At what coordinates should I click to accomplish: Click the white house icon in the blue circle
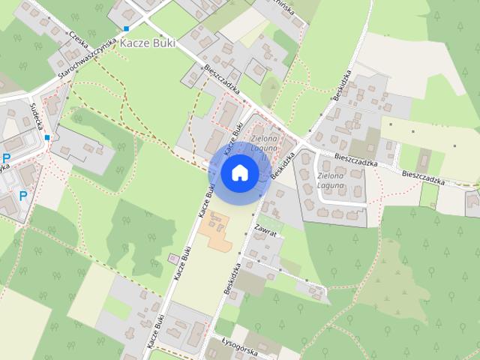pyautogui.click(x=240, y=173)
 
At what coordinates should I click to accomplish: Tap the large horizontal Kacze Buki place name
pyautogui.click(x=147, y=43)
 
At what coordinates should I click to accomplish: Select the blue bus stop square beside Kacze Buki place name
pyautogui.click(x=127, y=28)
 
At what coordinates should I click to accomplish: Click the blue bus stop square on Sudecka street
pyautogui.click(x=47, y=137)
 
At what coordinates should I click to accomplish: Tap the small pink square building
pyautogui.click(x=174, y=259)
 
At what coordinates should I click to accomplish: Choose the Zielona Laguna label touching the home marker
pyautogui.click(x=264, y=143)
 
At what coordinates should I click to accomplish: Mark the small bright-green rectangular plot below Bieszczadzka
pyautogui.click(x=428, y=195)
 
